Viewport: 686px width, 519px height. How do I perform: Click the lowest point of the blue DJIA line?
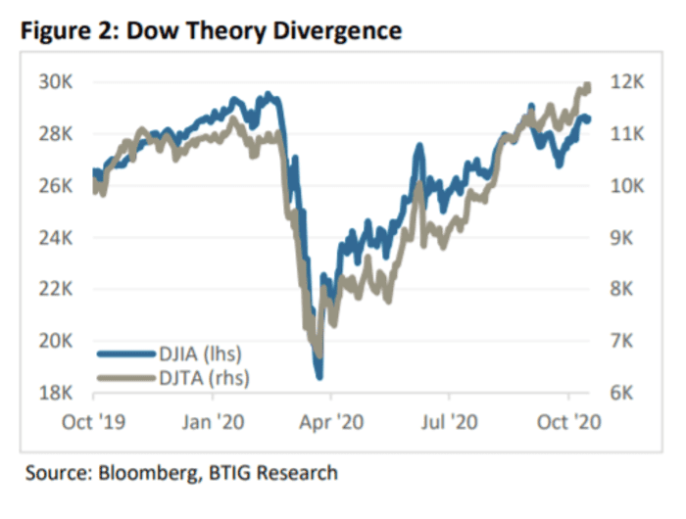click(318, 375)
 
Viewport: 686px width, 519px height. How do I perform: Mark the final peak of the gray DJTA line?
click(587, 86)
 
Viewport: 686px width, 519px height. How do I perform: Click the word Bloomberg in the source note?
click(140, 473)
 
